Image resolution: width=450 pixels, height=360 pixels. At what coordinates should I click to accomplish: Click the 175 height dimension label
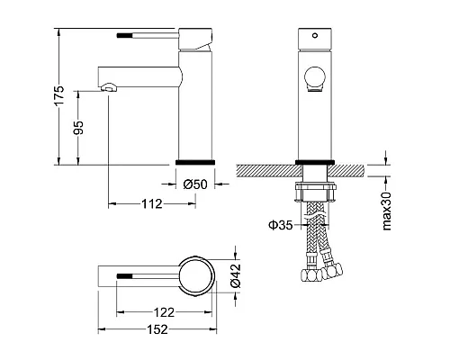(58, 94)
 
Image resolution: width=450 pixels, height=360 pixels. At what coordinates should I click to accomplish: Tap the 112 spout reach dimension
(151, 204)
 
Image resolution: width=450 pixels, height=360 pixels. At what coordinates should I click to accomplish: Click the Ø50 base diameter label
(195, 184)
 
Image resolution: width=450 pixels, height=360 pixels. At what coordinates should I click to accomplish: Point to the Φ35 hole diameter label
(280, 226)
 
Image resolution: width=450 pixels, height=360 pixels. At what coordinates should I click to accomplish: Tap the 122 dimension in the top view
(163, 310)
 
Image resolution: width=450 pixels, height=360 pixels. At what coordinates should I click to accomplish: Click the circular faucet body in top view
(195, 275)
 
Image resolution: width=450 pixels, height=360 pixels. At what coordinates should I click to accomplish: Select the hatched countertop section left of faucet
(265, 169)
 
